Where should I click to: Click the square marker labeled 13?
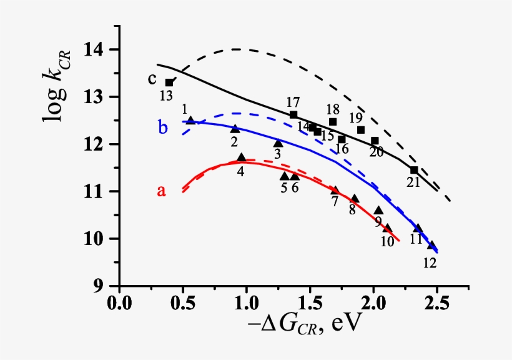(169, 82)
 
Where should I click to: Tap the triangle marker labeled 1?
(190, 120)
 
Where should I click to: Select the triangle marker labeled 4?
(242, 157)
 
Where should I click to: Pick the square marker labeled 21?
(414, 170)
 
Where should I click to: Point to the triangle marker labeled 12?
(431, 246)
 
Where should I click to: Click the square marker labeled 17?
(293, 114)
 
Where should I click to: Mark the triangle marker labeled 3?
(278, 143)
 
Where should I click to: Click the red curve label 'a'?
(161, 191)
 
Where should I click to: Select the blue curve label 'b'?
(162, 128)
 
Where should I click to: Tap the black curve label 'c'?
(152, 79)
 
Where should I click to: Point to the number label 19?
(355, 117)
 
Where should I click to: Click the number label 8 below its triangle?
(352, 210)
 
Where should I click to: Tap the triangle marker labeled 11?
(418, 228)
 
